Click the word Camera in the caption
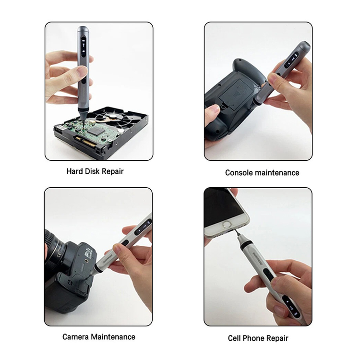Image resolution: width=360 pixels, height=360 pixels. pos(75,337)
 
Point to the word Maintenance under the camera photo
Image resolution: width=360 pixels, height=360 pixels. pos(113,337)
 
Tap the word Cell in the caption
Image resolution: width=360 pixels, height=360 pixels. pos(234,338)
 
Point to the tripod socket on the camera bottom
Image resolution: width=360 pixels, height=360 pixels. pos(86,261)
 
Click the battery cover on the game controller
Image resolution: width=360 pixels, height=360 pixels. pos(235,92)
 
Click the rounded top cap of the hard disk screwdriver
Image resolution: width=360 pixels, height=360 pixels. pos(83,29)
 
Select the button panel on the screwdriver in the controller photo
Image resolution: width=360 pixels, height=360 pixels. pos(291,60)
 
